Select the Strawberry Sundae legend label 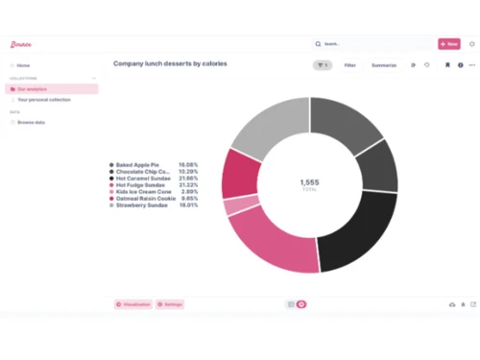(x=141, y=204)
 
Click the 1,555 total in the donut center (x=309, y=182)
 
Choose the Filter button (x=350, y=65)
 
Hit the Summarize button (x=384, y=65)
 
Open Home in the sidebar (x=23, y=65)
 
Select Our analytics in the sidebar (x=33, y=89)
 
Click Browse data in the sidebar (x=33, y=122)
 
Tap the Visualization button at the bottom (x=133, y=304)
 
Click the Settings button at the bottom (x=170, y=304)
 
